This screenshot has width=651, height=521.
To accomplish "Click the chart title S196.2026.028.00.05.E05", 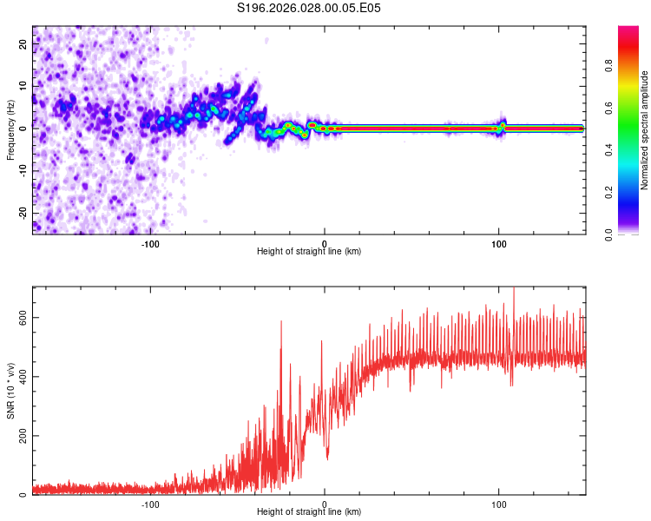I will [x=309, y=9].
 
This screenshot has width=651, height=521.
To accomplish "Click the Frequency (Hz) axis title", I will [x=10, y=129].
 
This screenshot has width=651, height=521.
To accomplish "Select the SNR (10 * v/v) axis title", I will [x=10, y=390].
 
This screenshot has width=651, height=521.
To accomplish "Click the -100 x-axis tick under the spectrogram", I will [x=150, y=244].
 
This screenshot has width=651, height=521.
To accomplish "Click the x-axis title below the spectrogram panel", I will [x=309, y=252].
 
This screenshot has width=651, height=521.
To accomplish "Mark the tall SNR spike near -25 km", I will [x=281, y=323].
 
